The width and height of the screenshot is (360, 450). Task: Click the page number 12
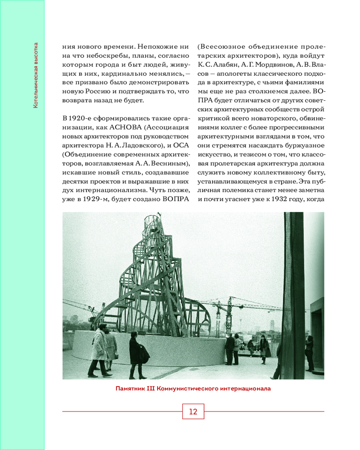193,412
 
